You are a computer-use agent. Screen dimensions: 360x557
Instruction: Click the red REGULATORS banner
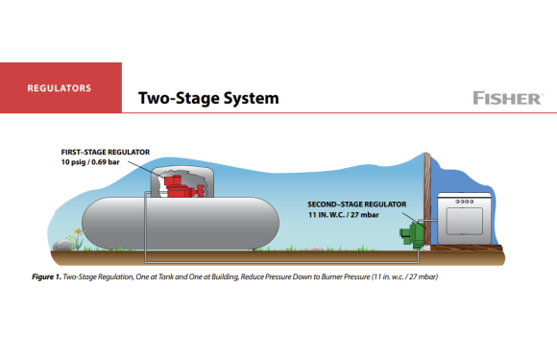(x=60, y=87)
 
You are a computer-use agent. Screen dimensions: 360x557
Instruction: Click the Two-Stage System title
(x=208, y=98)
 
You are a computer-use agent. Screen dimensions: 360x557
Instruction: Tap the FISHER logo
(x=507, y=98)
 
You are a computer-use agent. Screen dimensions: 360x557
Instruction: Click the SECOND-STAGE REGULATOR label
(x=357, y=204)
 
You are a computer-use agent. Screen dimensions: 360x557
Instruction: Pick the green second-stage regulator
(x=417, y=231)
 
